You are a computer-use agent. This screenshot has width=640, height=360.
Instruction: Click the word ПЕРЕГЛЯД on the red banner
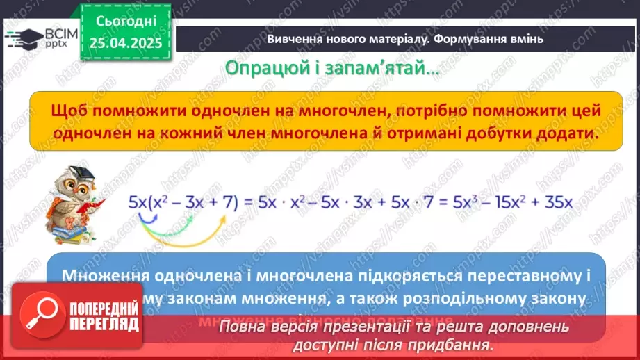pyautogui.click(x=104, y=325)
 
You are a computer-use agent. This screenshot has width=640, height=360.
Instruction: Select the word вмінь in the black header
pyautogui.click(x=527, y=39)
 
